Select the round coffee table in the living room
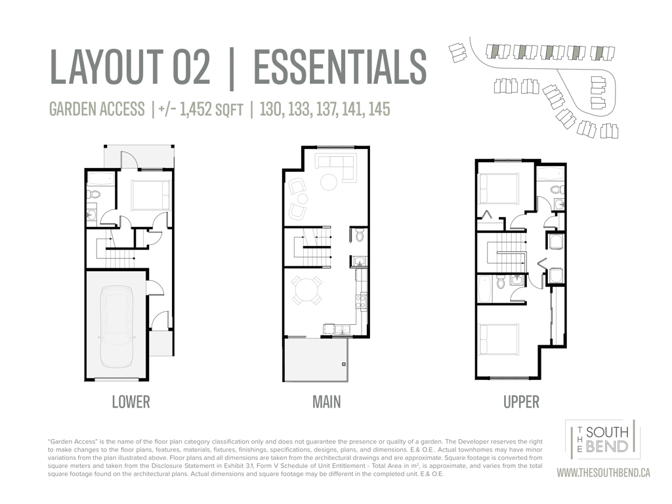pos(329,181)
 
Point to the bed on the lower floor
pos(150,196)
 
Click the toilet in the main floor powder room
pos(359,235)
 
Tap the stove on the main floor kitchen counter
pos(362,299)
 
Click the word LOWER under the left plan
pos(131,402)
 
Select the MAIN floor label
pos(327,402)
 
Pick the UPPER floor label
pos(521,402)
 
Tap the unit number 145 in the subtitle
pos(379,109)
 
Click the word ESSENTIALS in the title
pos(341,67)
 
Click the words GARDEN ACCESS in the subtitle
pos(97,109)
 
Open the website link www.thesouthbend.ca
pos(603,472)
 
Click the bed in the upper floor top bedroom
pos(499,188)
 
